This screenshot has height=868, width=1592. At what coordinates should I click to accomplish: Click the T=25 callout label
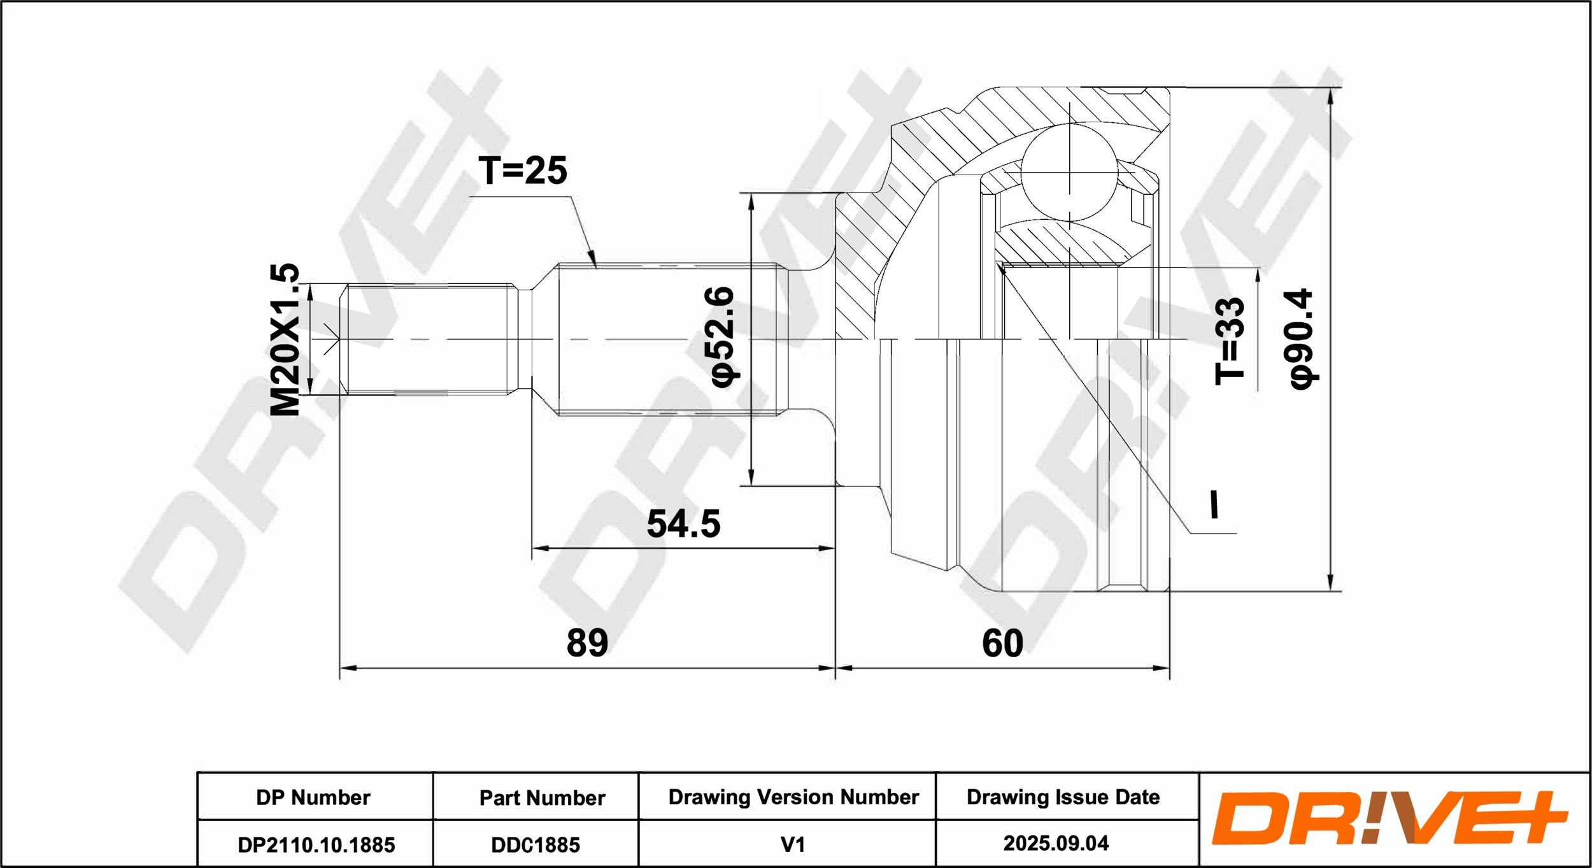[523, 171]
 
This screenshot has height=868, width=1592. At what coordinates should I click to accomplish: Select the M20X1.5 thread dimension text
[285, 339]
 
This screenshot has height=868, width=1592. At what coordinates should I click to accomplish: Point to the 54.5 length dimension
[683, 523]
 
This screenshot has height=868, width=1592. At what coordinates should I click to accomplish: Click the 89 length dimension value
[587, 643]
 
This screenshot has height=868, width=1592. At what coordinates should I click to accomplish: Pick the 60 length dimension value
[1002, 643]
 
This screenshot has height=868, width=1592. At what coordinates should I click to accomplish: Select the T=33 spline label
[1229, 341]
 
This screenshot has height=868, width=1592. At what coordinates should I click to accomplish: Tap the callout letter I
[1214, 504]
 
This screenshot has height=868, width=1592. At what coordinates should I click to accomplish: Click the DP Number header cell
[313, 797]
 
